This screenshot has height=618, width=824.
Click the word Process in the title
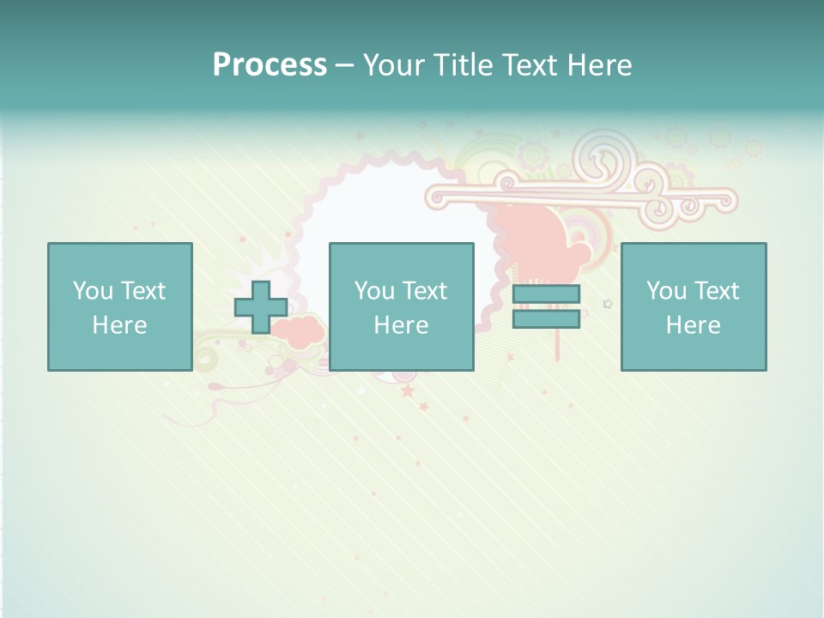click(270, 65)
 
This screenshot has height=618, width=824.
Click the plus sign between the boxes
click(261, 307)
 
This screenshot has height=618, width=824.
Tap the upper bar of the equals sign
click(546, 294)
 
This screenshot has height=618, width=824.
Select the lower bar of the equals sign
click(546, 318)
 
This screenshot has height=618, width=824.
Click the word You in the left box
click(93, 291)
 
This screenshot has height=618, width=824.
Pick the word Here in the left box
click(119, 325)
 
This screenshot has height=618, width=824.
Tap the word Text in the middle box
click(425, 291)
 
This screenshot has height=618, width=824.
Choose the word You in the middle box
click(374, 291)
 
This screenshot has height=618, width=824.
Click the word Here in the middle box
click(401, 325)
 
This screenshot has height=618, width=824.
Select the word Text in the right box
click(717, 291)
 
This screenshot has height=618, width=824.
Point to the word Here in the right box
click(693, 325)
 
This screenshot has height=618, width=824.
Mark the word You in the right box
click(666, 291)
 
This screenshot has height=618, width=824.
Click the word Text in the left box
click(143, 291)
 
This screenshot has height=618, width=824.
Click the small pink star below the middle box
click(407, 391)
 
